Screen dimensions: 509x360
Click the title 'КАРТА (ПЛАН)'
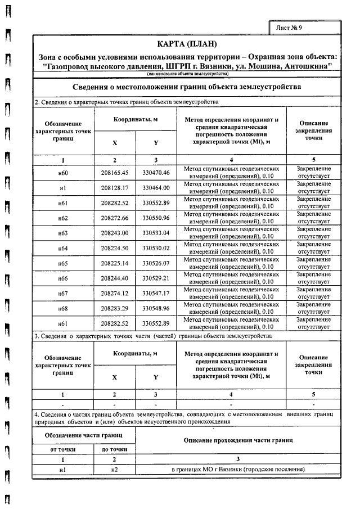(187, 44)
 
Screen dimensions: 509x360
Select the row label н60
(63, 172)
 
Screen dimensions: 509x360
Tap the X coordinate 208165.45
(115, 172)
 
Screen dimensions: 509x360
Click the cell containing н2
(115, 469)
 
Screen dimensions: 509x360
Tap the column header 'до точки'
(115, 449)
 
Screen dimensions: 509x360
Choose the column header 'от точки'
(63, 449)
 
